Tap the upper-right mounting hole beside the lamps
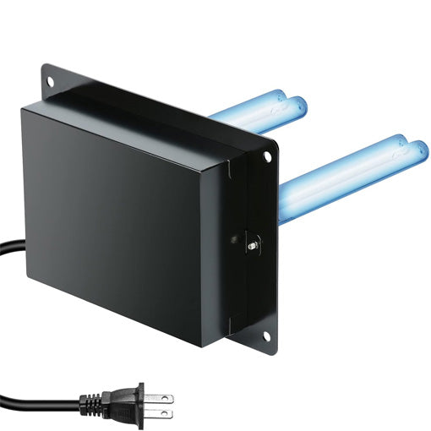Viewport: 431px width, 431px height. click(268, 156)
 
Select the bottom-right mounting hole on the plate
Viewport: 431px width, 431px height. click(268, 336)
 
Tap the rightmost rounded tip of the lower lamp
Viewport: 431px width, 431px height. click(421, 151)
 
